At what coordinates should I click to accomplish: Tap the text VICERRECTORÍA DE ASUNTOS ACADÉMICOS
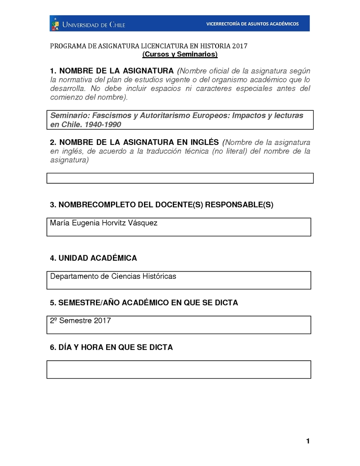coord(252,24)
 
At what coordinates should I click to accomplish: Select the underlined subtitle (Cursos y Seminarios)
coord(180,54)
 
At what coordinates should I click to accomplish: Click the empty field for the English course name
coord(180,178)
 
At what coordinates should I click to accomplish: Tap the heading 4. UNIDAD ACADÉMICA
coord(93,258)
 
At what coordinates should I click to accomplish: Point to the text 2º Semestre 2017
coord(81,321)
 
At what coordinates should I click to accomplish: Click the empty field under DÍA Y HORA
coord(179,369)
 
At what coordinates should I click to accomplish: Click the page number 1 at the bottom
coord(308,441)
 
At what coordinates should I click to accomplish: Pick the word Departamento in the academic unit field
coord(74,276)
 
